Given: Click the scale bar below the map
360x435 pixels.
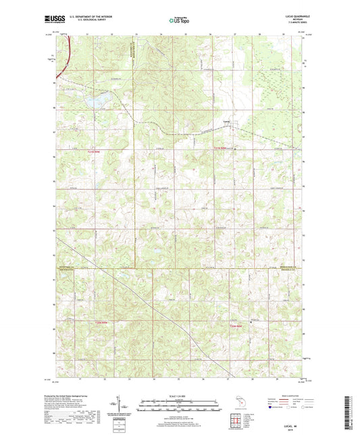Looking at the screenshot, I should (180, 407).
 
